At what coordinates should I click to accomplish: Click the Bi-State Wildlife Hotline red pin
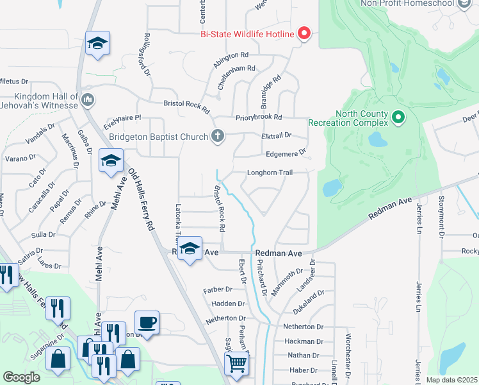point(304,33)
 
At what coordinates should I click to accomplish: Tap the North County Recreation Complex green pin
point(398,117)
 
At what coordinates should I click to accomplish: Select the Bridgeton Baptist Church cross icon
point(218,136)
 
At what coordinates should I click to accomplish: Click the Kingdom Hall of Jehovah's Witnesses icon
point(88,99)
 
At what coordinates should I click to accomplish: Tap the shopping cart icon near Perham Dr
point(237,364)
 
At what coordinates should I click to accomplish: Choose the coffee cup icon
point(147,323)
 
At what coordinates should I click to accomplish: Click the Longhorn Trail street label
point(270,172)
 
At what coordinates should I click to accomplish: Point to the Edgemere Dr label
point(286,153)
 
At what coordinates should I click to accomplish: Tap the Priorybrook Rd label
point(259,117)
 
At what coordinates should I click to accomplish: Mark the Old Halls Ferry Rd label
point(142,200)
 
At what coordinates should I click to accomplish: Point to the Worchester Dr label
point(348,363)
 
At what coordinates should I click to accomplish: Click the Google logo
point(22,377)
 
